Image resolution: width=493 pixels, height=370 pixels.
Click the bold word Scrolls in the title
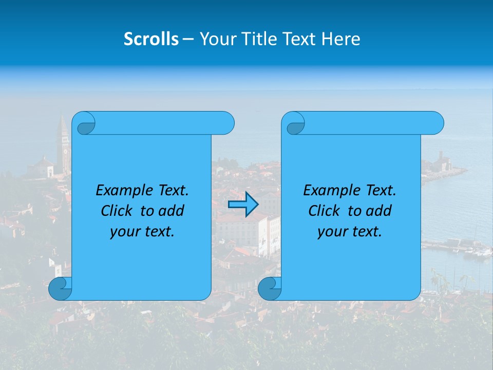click(x=151, y=39)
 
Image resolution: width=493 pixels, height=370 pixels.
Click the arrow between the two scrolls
click(x=243, y=205)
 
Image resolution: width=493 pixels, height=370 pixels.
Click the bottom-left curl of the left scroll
click(x=60, y=289)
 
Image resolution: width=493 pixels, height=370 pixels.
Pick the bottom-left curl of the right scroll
click(x=269, y=289)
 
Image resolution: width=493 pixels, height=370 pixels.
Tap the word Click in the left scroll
click(x=118, y=211)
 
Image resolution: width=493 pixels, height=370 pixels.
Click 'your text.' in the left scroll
click(x=142, y=232)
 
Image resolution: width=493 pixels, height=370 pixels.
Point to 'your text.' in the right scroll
click(x=350, y=232)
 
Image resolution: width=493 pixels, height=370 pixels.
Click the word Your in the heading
click(x=216, y=39)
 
